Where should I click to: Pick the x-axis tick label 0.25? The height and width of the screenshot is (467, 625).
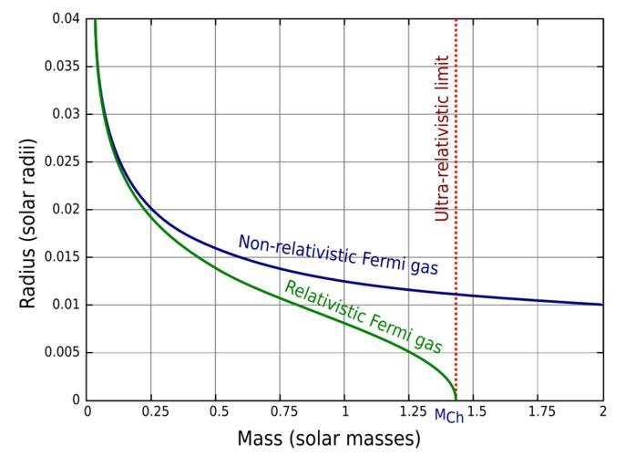pos(151,412)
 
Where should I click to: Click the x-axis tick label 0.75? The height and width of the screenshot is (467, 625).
pos(281,412)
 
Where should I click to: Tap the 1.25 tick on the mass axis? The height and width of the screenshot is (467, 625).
pos(410,412)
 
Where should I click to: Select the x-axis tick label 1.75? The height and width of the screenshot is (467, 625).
pos(538,412)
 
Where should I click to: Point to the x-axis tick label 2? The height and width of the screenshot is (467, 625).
pos(603,412)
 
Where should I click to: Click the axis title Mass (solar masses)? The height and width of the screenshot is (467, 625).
pos(329,440)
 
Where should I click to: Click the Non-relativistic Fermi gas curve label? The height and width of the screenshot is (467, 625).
pos(338,255)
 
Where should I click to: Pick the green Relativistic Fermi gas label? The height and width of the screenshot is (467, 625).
pos(363,317)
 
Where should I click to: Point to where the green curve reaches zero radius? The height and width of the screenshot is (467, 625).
pos(455,399)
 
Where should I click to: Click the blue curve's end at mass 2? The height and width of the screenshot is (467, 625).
pos(602,305)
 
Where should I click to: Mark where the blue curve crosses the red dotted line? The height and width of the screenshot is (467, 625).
pos(456,295)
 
